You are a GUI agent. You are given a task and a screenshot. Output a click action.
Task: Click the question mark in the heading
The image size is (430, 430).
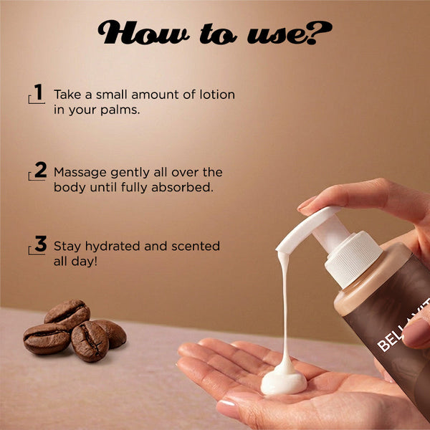pyautogui.click(x=320, y=33)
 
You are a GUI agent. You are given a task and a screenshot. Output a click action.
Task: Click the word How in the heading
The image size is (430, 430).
pyautogui.click(x=143, y=32)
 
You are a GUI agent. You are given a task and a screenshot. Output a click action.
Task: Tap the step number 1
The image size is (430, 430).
pyautogui.click(x=39, y=92)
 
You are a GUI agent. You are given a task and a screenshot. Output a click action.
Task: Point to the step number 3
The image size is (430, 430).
pyautogui.click(x=41, y=244)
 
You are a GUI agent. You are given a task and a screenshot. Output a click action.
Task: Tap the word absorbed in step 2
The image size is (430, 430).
pyautogui.click(x=182, y=188)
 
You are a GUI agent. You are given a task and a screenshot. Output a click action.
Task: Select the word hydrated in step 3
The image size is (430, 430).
pyautogui.click(x=113, y=247)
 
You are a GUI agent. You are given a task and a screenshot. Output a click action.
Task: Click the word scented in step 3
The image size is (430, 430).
pyautogui.click(x=196, y=247)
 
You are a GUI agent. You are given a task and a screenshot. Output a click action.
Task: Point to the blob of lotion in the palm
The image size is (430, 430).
pyautogui.click(x=284, y=381)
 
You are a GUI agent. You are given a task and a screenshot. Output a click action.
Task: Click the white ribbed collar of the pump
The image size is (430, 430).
pyautogui.click(x=354, y=259)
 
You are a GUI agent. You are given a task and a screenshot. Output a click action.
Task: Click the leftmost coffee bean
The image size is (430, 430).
pyautogui.click(x=47, y=338)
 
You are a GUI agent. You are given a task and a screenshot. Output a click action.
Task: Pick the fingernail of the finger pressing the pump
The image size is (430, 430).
pyautogui.click(x=305, y=204)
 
